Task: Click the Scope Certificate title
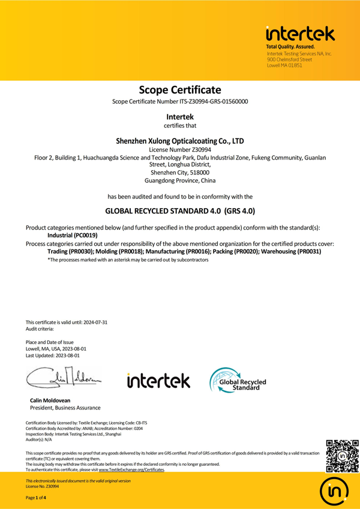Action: [180, 90]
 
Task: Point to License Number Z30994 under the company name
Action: [180, 150]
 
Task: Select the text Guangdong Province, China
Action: [180, 180]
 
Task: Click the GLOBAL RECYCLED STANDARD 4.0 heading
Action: [180, 211]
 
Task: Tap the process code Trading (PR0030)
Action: [71, 252]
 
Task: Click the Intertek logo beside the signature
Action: [158, 381]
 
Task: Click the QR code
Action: [340, 453]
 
